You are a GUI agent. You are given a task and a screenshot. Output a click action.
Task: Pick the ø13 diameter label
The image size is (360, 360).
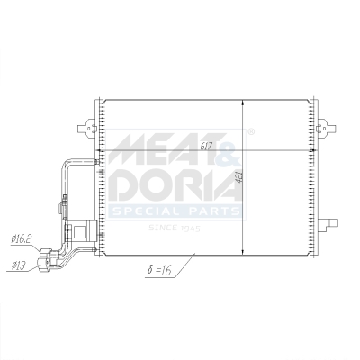tap(18, 265)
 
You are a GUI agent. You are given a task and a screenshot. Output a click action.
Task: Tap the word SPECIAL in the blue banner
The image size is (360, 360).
tap(145, 212)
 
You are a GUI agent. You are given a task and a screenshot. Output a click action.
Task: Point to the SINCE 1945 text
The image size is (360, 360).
tap(177, 228)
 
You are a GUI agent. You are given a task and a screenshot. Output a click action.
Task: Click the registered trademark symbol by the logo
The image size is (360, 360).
tap(251, 131)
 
